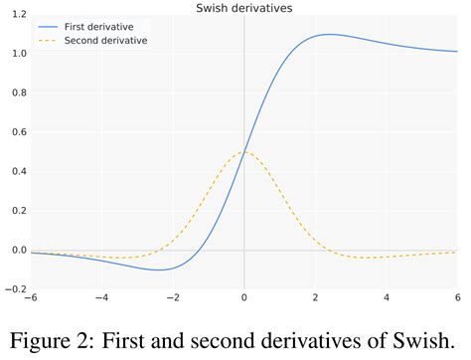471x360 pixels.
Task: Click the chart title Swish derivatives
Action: click(244, 8)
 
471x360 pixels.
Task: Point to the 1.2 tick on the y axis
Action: click(18, 15)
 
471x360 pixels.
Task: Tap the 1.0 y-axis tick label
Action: click(18, 54)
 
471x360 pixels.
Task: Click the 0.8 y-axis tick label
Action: click(18, 92)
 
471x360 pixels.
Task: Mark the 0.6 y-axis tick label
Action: click(18, 131)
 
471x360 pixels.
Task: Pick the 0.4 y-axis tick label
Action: click(18, 171)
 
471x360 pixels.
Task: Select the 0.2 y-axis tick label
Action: click(18, 210)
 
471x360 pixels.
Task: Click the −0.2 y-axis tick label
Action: click(15, 288)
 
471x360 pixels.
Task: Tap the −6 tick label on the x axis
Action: click(32, 297)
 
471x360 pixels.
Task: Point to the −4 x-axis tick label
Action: click(101, 297)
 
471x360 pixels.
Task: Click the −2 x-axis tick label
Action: click(172, 297)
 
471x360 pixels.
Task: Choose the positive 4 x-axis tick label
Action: click(387, 297)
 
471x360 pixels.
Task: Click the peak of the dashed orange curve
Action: click(244, 152)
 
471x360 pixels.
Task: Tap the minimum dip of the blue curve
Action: click(158, 270)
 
